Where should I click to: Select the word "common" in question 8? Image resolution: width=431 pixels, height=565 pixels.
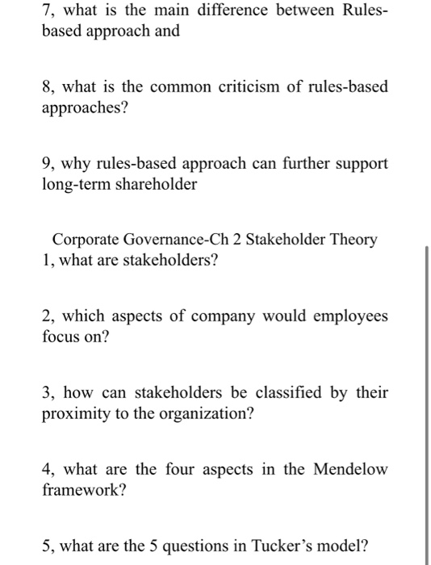coord(174,87)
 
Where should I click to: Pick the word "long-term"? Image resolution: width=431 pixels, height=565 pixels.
coord(75,184)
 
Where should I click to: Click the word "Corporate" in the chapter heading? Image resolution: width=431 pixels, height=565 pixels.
coord(86,240)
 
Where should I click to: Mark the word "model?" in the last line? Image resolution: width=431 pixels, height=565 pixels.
coord(360,545)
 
